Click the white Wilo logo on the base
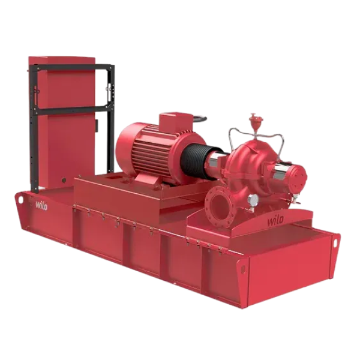point(41,205)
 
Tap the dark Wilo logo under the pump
point(275,220)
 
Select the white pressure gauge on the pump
point(253,200)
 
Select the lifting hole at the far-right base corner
point(335,242)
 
